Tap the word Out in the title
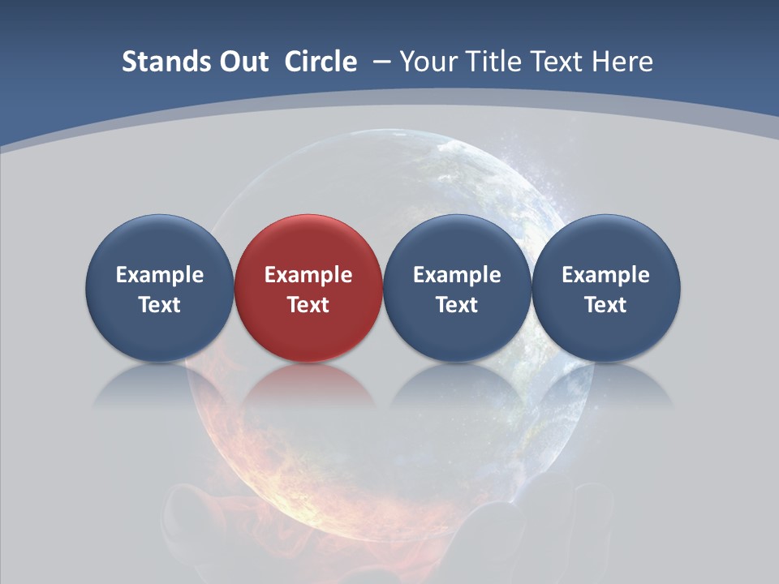coord(241,62)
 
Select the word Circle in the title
coord(321,62)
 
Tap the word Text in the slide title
coord(561,62)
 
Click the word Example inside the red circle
coord(308,275)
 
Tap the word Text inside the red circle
coord(308,305)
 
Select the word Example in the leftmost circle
coord(159,275)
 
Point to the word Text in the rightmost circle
coord(605,305)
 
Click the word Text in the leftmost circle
coord(159,305)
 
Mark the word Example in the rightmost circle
coord(605,275)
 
